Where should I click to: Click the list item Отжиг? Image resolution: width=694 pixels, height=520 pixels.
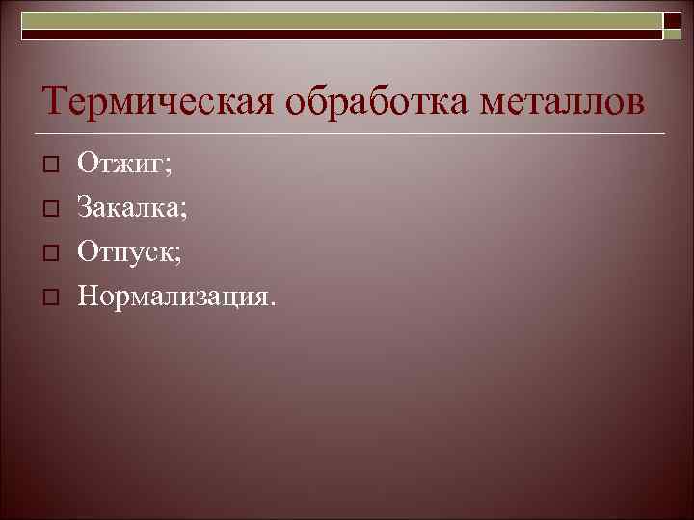coord(122,166)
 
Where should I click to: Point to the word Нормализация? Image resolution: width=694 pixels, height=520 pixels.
coord(174,293)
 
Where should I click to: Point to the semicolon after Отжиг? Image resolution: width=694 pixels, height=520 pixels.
coord(169,169)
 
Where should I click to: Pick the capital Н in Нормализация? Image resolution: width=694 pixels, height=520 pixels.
coord(88,293)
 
